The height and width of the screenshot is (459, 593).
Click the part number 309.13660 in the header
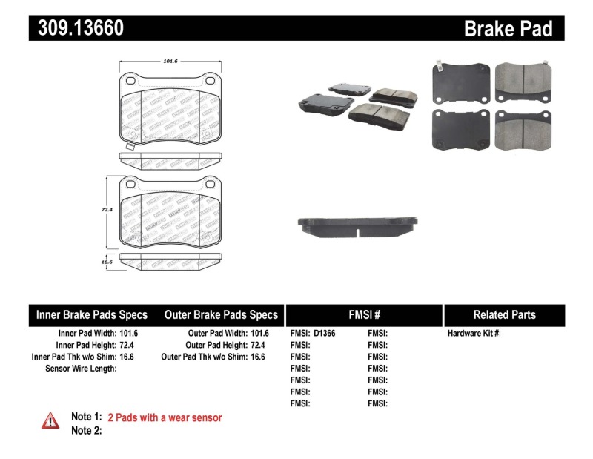coord(76,28)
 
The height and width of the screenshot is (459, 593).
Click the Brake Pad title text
coord(508,28)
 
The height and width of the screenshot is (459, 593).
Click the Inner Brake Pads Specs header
coord(92,314)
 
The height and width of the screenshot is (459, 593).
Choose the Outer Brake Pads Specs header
coord(221,314)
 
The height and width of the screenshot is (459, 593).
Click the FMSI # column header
coord(363,314)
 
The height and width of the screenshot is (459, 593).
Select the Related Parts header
coord(504,314)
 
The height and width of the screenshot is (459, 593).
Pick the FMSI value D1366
coord(324,334)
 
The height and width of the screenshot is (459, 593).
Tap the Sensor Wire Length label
coord(81,369)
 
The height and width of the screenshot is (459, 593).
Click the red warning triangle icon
coord(50,420)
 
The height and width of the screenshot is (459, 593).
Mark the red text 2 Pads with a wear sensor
coord(165,417)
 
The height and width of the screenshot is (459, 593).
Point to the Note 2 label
coord(85,430)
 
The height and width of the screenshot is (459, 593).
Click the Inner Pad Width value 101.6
coord(129,334)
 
